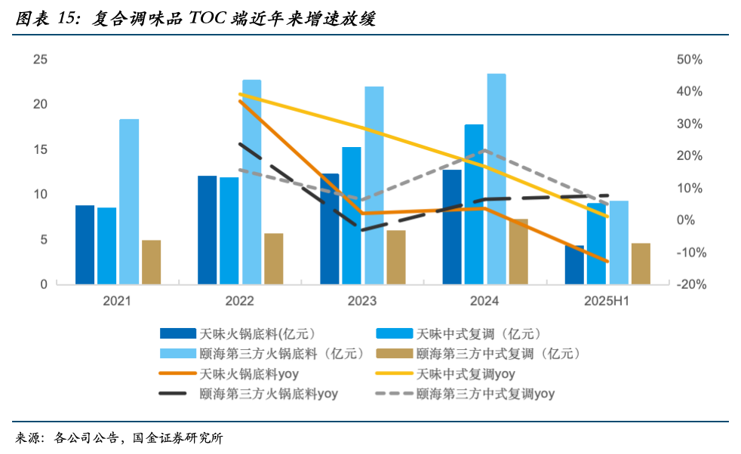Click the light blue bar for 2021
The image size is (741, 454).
click(x=129, y=201)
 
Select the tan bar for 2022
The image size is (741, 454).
click(x=273, y=259)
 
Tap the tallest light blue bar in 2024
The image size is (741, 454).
click(x=497, y=179)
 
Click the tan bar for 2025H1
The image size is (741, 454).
click(x=641, y=263)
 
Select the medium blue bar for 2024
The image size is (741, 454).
click(x=474, y=204)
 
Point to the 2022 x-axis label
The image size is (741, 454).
click(x=240, y=301)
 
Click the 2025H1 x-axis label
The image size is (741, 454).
click(x=606, y=301)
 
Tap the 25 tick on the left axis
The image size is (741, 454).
click(x=40, y=60)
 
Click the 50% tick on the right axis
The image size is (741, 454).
click(x=690, y=60)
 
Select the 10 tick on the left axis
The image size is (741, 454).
click(x=40, y=195)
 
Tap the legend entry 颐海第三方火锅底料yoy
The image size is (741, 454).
click(x=269, y=393)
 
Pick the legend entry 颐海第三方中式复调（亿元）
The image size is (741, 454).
click(x=497, y=353)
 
